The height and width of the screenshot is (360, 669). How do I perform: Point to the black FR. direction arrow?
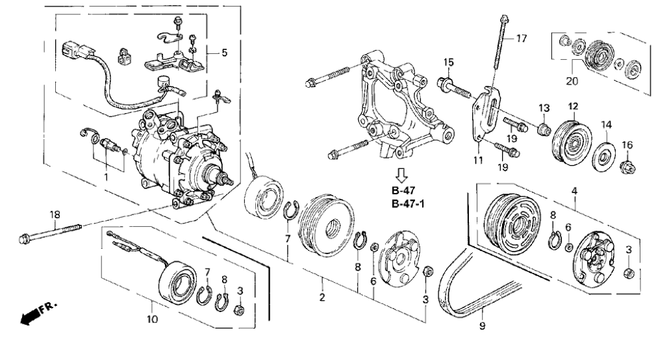tap(29, 316)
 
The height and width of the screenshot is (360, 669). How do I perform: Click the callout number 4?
tap(574, 191)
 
